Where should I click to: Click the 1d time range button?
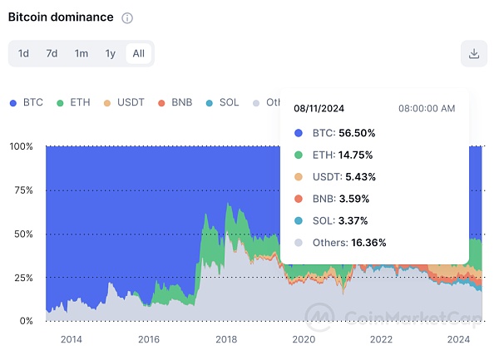tap(24, 53)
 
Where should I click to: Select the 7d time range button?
tap(52, 53)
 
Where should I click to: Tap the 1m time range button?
tap(81, 53)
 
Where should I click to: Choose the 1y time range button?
tap(110, 53)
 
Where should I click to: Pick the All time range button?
tap(138, 53)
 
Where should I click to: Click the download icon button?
tap(473, 53)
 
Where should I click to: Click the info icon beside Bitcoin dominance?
tap(126, 18)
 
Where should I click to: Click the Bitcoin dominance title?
tap(60, 17)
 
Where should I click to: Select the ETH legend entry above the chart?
tap(73, 102)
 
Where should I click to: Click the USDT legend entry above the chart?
tap(124, 102)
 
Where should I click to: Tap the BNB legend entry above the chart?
tap(175, 102)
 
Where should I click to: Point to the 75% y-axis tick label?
tap(22, 190)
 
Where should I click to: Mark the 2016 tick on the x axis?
tap(148, 339)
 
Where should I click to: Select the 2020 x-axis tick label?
tap(304, 339)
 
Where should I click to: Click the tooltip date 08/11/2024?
tap(319, 108)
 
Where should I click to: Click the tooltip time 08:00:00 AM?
tap(427, 108)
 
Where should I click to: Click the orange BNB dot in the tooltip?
tap(299, 199)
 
